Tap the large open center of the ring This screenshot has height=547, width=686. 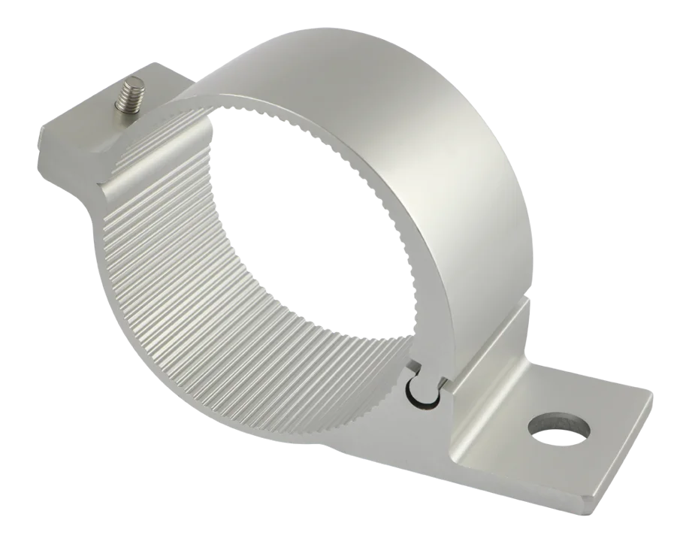click(316, 218)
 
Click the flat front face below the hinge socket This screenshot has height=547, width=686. click(428, 436)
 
